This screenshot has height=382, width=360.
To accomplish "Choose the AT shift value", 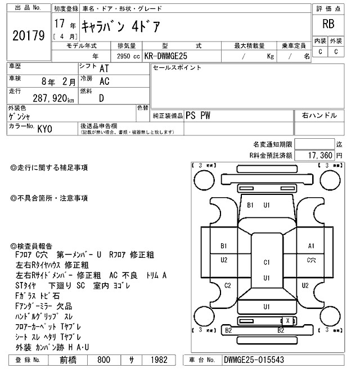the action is coord(104,69).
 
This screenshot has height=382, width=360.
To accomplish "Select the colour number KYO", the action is coord(45,128).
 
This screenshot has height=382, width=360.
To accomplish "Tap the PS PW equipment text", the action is coord(198,116).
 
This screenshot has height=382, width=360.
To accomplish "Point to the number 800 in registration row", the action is coord(103,360).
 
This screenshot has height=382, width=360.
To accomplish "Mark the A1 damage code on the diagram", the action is coord(311,246).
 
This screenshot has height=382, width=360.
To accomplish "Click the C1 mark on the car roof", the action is coord(267,262).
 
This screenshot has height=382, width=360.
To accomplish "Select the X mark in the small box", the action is coord(289,320).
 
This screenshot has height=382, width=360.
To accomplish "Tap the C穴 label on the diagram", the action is coord(311,260).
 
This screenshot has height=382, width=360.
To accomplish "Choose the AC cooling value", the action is coord(104,81).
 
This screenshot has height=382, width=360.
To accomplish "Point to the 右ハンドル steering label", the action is coord(319,116).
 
